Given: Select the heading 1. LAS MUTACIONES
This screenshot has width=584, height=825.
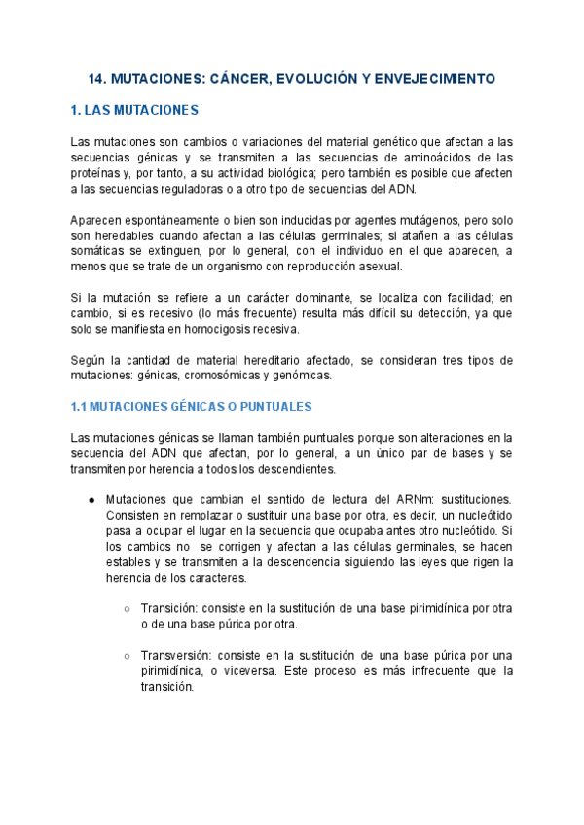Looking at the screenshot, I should pos(134,110).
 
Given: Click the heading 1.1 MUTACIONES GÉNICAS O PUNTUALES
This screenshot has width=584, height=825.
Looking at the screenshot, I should pos(191,405).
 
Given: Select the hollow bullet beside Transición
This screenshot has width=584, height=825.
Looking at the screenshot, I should pos(127,608).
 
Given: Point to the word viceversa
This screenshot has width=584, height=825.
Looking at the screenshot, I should pos(252,670).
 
